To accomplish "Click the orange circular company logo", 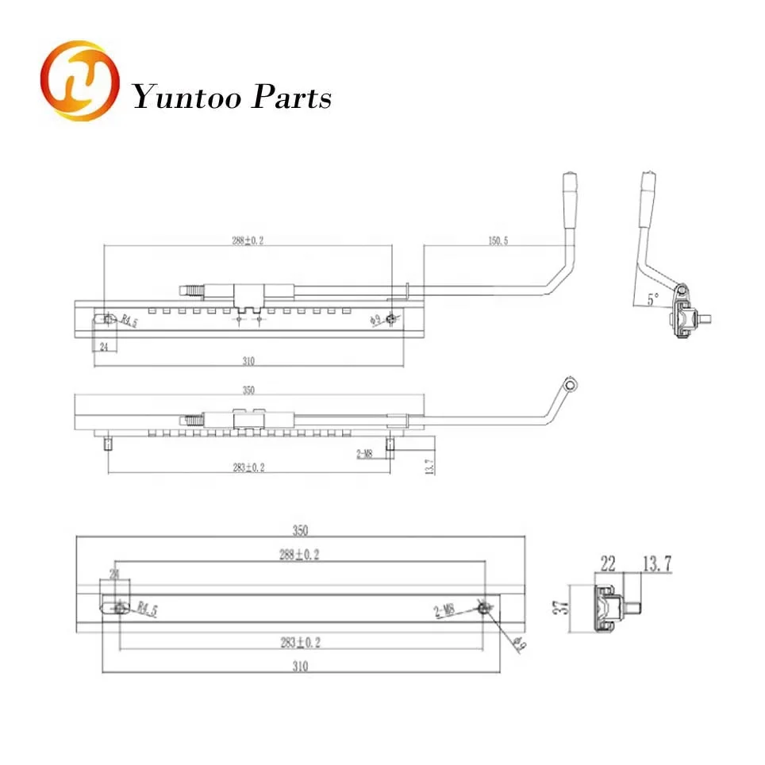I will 79,83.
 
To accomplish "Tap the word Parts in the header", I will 290,98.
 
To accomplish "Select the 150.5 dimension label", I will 494,240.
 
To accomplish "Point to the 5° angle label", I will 652,299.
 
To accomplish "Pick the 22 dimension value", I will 608,564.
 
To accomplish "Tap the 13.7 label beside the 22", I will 656,564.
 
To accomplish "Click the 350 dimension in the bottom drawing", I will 298,530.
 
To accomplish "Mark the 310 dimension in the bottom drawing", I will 298,667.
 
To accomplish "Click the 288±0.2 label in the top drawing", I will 248,240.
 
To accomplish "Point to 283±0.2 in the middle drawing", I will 248,467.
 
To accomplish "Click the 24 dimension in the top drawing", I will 103,347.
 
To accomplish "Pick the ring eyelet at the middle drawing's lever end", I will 569,384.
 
